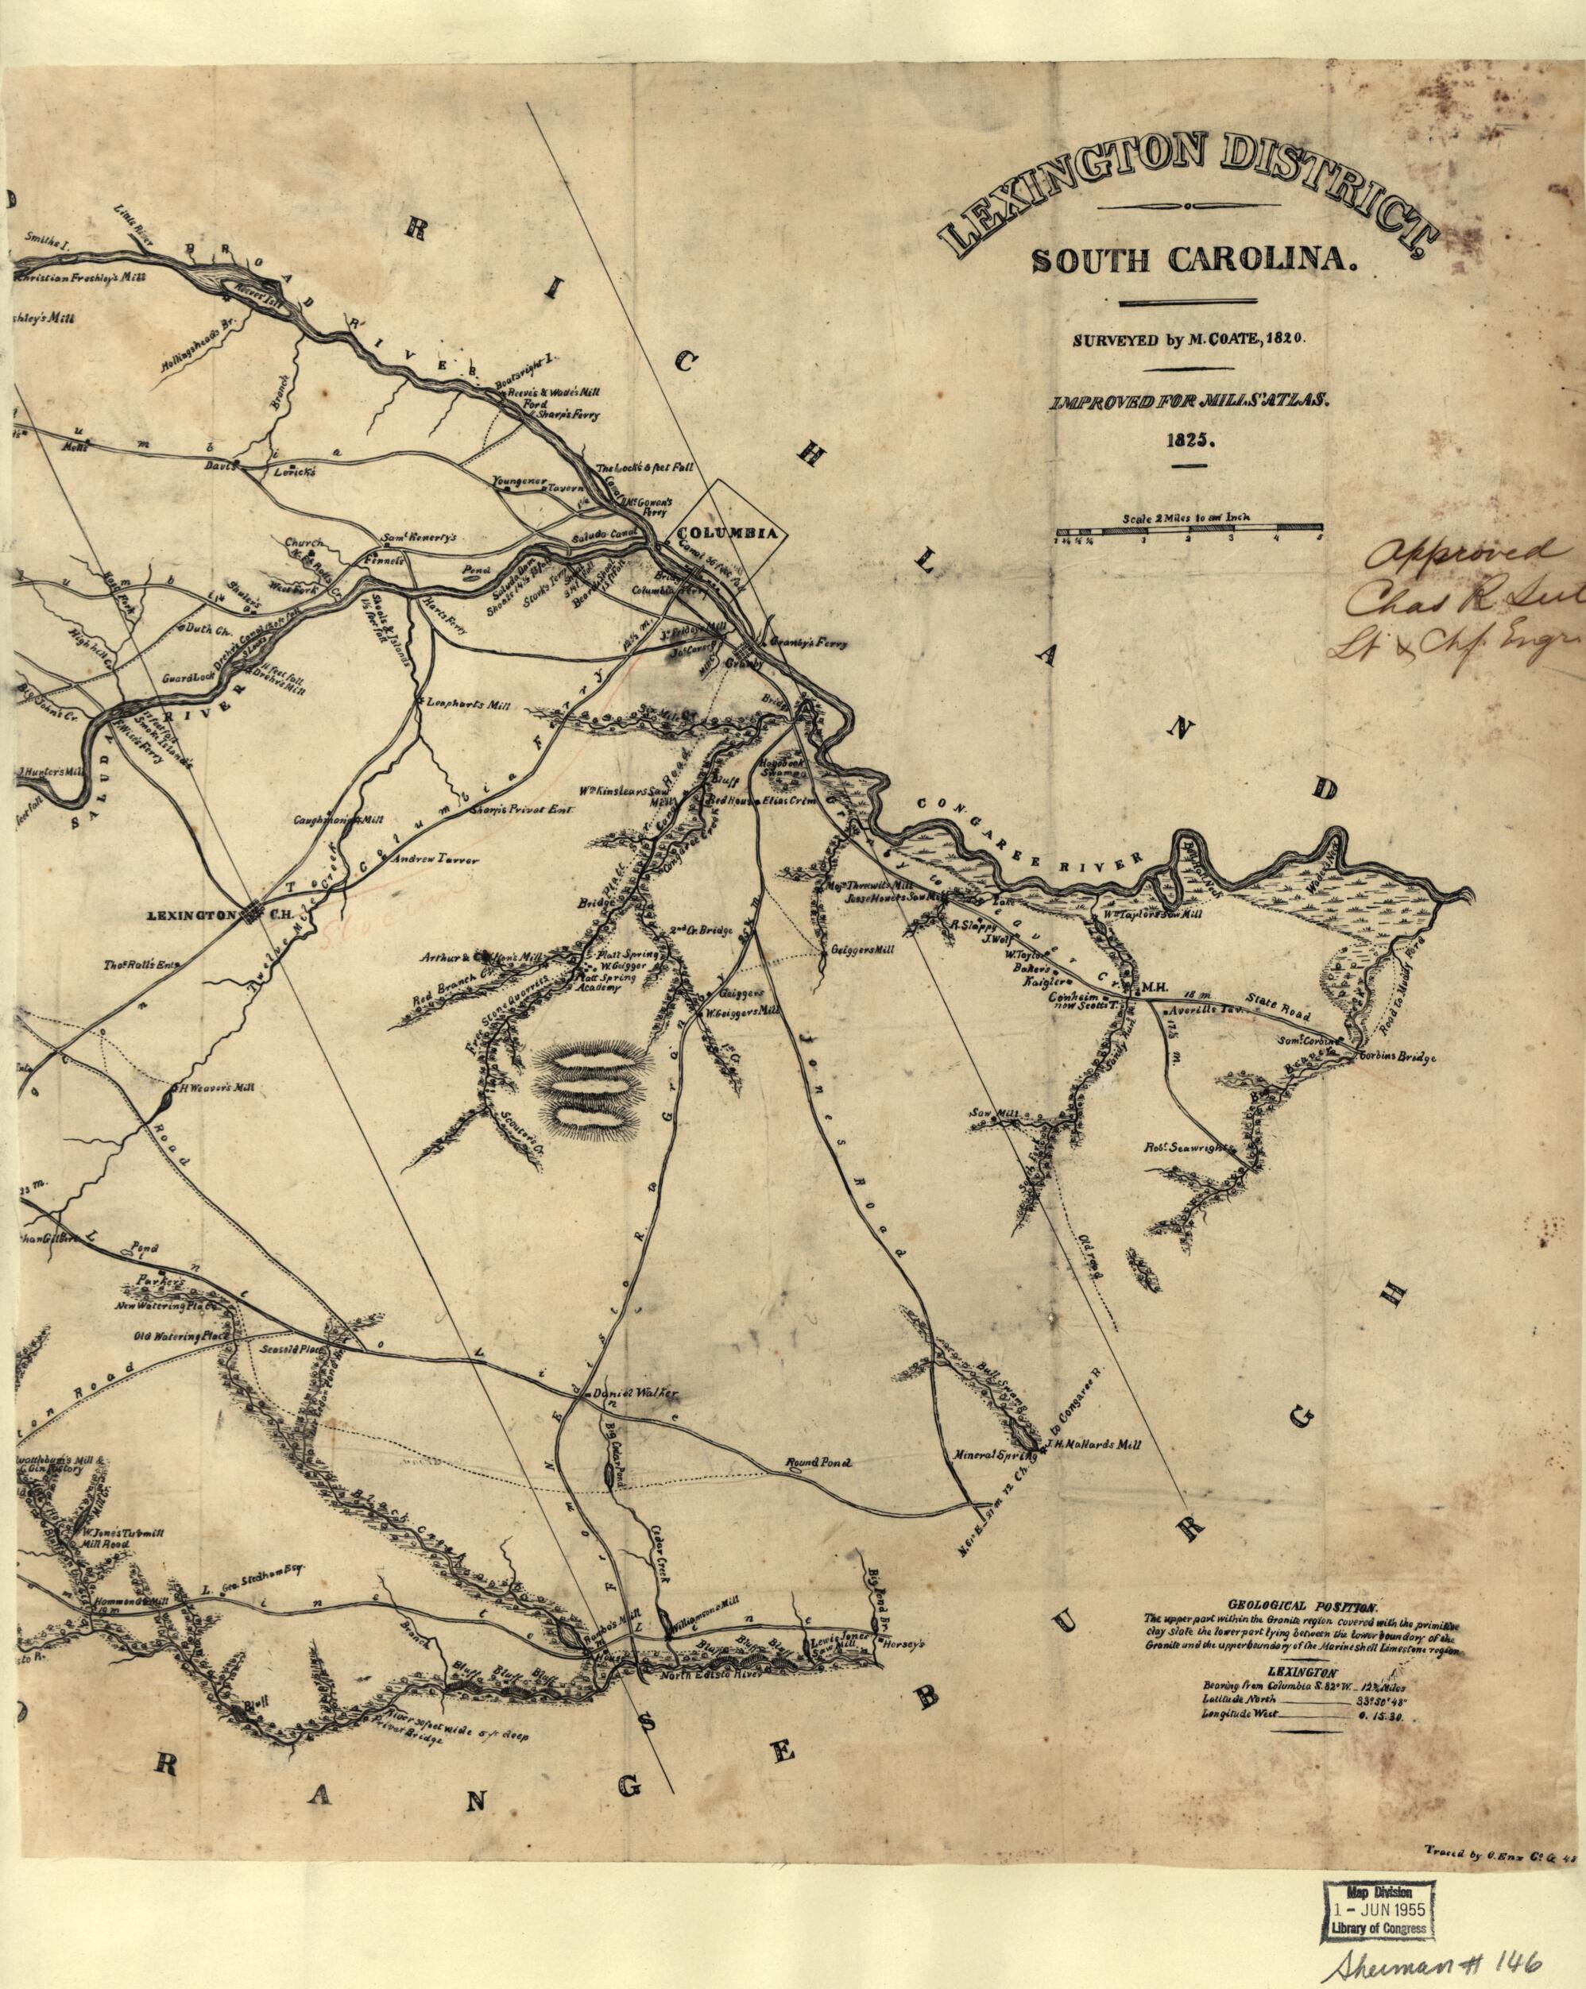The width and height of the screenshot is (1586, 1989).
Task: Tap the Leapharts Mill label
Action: point(467,705)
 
